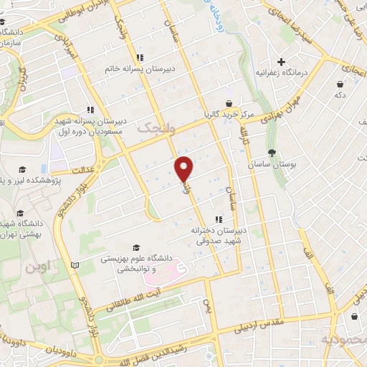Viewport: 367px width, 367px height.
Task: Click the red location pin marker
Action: [x=184, y=168]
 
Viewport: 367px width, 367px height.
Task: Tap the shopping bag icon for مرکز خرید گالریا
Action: [x=229, y=103]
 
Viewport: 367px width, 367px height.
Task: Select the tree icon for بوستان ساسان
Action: [x=272, y=153]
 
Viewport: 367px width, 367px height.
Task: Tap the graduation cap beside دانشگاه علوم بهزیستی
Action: [x=133, y=244]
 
